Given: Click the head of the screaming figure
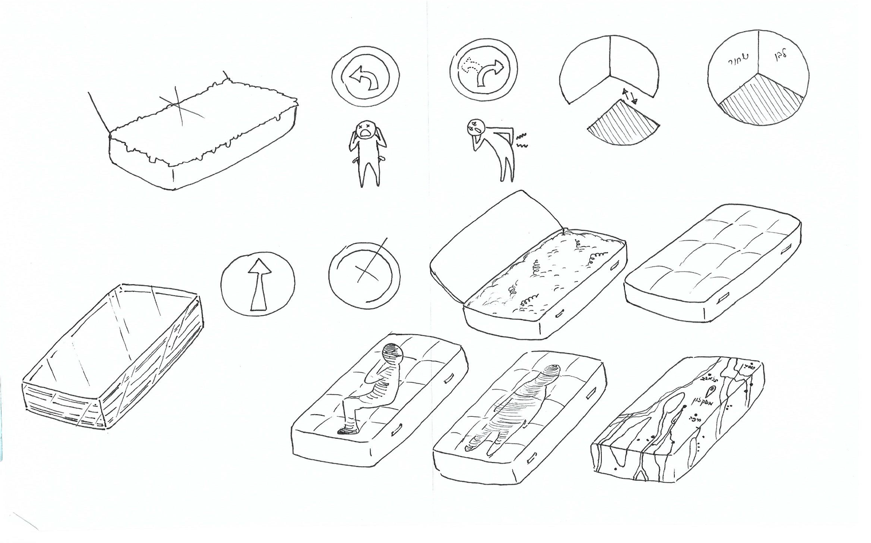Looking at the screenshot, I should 365,129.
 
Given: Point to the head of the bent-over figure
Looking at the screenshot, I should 475,126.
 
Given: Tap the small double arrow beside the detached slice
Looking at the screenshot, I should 629,96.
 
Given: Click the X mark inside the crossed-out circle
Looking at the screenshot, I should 364,271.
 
